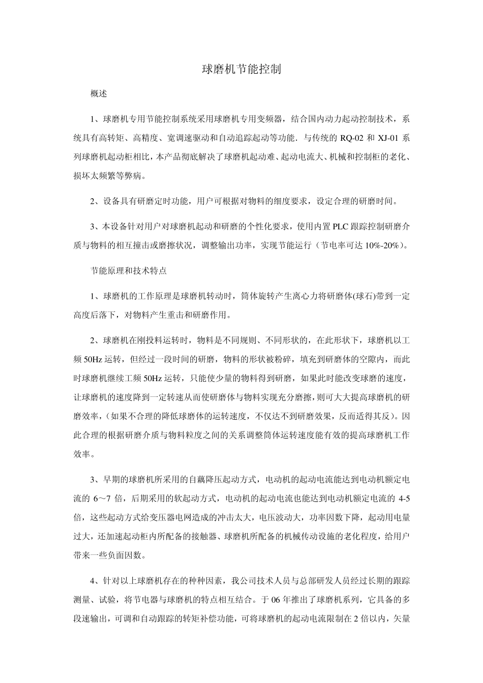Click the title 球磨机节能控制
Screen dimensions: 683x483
(242, 70)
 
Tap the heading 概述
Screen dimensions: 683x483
(99, 94)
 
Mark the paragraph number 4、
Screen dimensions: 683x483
(94, 581)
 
